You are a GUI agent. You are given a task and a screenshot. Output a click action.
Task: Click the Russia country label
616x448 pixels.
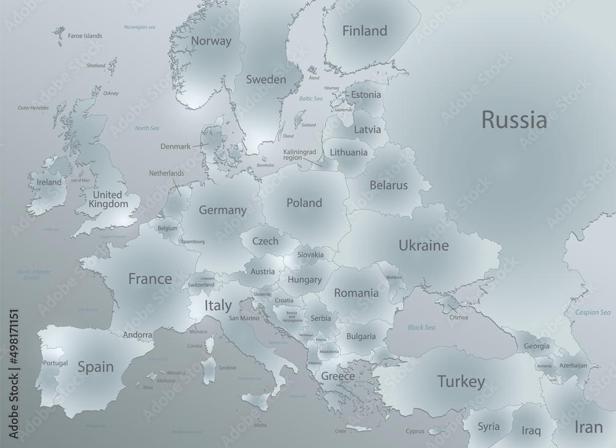514,120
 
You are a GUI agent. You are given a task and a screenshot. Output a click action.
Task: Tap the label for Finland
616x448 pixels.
365,31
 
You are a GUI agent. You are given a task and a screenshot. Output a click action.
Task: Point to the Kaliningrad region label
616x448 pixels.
300,154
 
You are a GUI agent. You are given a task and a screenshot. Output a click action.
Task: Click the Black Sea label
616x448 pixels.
421,327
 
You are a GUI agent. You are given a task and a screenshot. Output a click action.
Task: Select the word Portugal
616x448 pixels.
55,364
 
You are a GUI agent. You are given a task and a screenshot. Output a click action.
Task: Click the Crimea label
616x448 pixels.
459,317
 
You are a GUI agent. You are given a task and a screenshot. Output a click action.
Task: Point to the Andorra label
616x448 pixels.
137,335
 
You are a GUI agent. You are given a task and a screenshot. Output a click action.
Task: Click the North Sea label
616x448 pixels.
147,128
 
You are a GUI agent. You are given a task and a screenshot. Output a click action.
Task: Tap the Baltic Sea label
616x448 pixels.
310,99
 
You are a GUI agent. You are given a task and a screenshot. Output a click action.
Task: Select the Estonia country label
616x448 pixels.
366,95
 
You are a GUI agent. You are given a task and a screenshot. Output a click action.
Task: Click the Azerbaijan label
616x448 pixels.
573,365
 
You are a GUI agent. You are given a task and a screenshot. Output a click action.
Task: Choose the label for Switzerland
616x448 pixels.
201,285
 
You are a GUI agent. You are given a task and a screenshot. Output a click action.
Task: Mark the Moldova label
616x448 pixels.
393,278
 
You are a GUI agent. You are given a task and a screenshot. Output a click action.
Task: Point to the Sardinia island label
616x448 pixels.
227,368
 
